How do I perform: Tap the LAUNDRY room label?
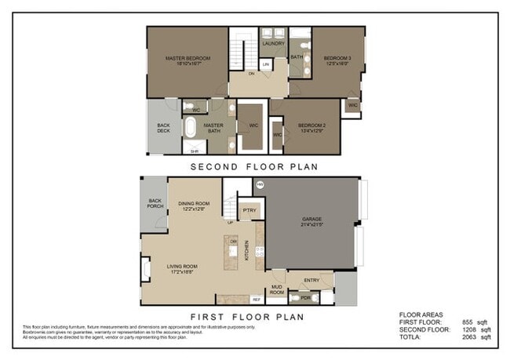point(273,44)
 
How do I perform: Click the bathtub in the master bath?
point(191,127)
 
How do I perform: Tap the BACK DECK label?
point(163,128)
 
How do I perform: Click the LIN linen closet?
point(266,64)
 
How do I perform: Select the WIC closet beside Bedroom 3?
point(353,104)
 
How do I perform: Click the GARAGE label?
point(312,222)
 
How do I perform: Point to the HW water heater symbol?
point(260,186)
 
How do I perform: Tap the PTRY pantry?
point(250,211)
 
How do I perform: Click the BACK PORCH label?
point(154,204)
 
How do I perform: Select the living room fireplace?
point(146,271)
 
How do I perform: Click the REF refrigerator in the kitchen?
point(256,300)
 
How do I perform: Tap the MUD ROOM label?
point(277,290)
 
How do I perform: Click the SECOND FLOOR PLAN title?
point(253,166)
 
